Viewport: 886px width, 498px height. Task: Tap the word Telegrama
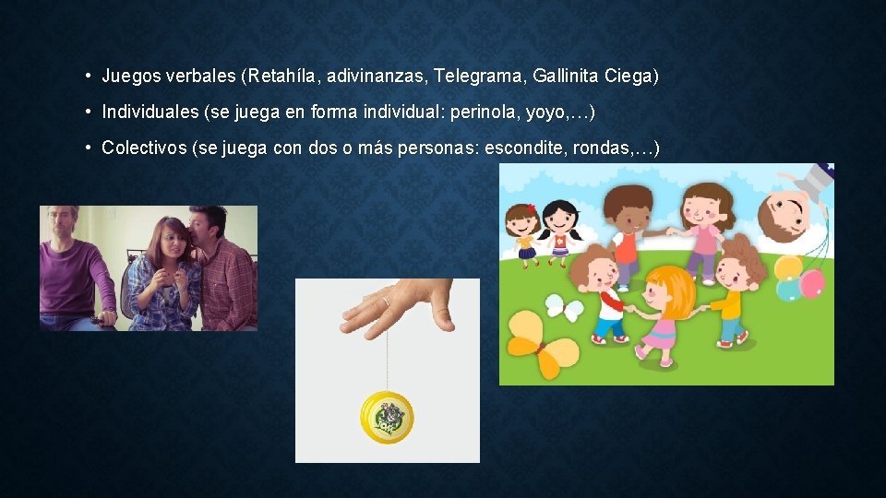pos(478,76)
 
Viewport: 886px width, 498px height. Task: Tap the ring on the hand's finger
pos(386,302)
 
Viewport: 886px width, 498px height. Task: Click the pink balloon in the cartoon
pos(812,282)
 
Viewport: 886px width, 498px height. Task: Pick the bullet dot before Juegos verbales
pos(85,76)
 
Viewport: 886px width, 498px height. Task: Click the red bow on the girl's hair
pos(532,207)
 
